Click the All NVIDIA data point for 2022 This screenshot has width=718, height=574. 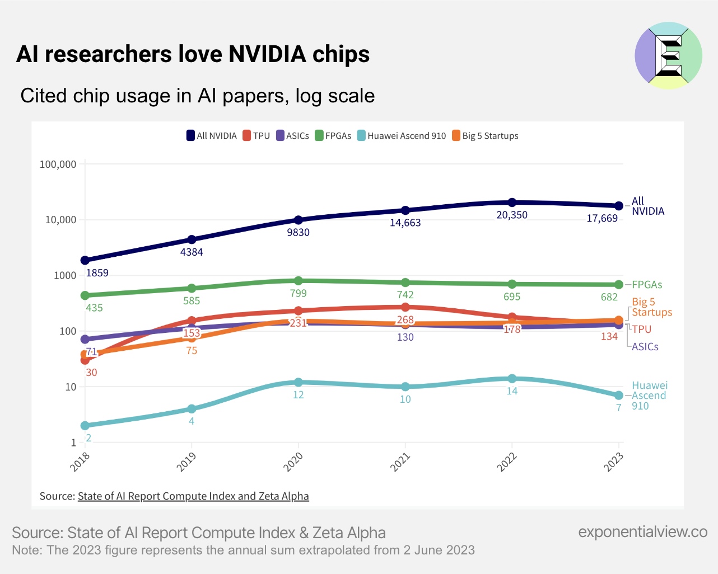coord(512,203)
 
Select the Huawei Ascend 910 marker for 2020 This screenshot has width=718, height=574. coord(299,382)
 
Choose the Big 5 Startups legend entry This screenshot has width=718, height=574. coord(485,136)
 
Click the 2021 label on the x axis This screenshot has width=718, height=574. coord(400,463)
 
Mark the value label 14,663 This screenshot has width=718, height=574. coord(405,223)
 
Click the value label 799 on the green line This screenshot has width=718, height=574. coord(299,293)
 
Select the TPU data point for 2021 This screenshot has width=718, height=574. coord(405,307)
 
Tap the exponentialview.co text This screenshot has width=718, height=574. coord(643,531)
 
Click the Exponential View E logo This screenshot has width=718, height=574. coord(668,55)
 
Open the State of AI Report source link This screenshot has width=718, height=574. coord(193,496)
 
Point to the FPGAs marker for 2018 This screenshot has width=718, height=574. coord(85,295)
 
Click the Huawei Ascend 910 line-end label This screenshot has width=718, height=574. coord(649,396)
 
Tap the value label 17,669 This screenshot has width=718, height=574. coord(602,218)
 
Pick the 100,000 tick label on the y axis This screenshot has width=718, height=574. coord(58,164)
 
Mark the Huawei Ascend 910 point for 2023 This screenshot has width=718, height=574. coord(619,396)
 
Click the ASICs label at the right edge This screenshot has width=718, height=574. coord(645,347)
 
